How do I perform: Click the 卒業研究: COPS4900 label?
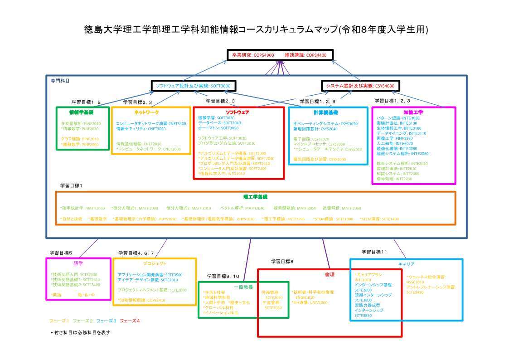tap(253, 55)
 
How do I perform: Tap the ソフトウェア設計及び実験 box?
tap(193, 86)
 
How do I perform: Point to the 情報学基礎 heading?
tap(82, 112)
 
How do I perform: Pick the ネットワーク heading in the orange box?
tap(147, 112)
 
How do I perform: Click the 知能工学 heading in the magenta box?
tap(413, 112)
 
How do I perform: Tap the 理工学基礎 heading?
tap(255, 197)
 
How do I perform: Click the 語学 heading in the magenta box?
tap(78, 263)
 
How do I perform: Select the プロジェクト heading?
tap(155, 263)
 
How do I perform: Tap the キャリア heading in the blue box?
tap(406, 264)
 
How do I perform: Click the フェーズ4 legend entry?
tap(130, 321)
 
